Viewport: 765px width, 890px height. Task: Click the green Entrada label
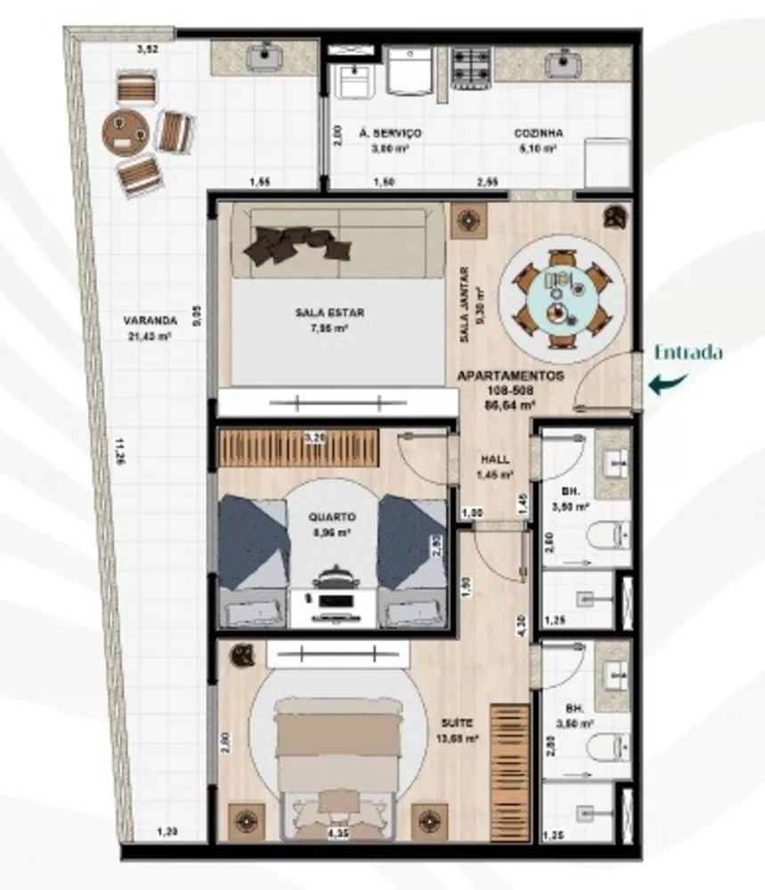point(688,352)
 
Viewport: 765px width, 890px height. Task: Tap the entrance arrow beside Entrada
point(667,384)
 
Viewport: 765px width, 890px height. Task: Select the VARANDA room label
point(151,320)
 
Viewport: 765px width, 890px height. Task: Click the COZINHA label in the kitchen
point(538,133)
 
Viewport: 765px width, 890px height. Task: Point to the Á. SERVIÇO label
point(390,133)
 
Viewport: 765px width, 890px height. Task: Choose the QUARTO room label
point(333,516)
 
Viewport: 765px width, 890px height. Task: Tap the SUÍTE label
point(462,723)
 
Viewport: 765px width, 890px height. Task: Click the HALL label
point(495,460)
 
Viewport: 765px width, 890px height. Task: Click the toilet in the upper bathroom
point(614,534)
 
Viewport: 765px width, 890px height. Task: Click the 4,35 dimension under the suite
point(337,834)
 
